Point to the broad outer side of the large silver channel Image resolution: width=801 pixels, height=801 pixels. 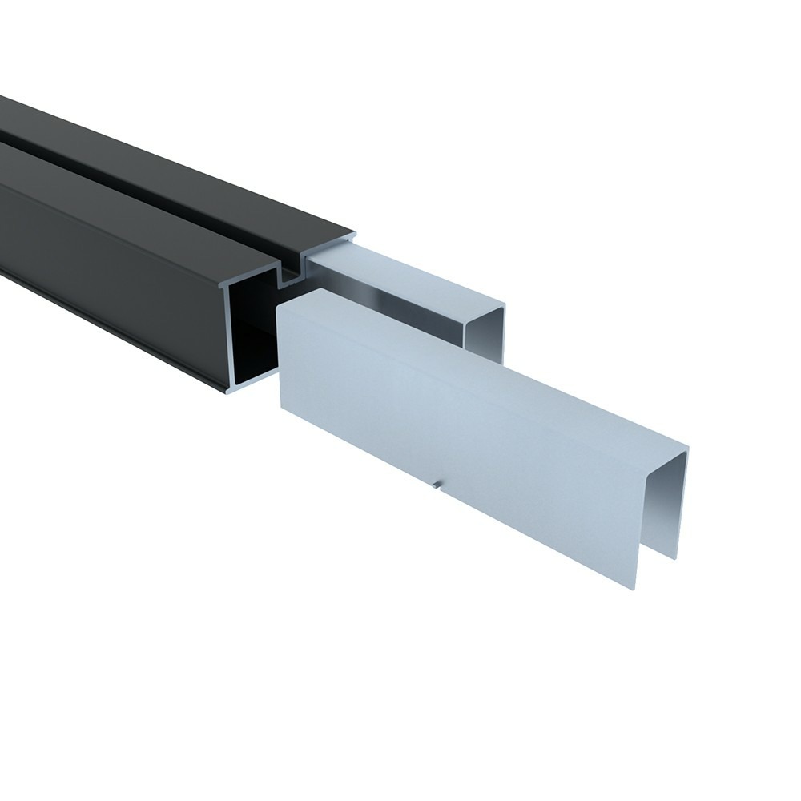point(449,417)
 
